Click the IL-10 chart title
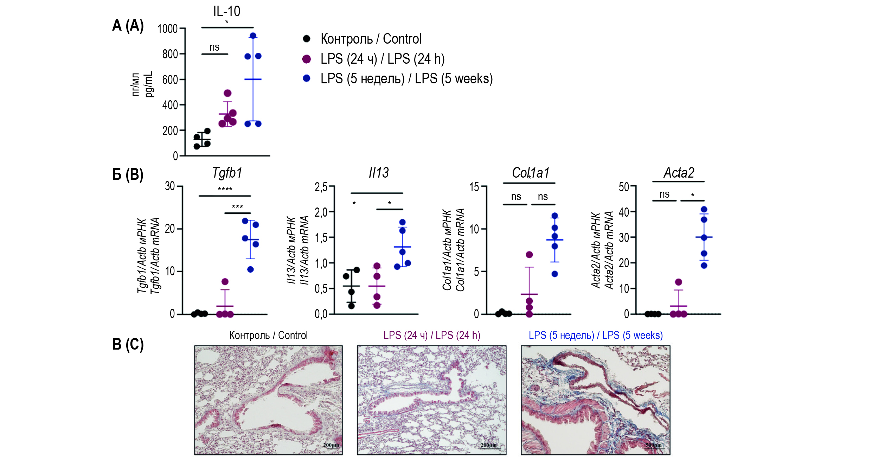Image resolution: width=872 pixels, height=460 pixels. click(x=226, y=11)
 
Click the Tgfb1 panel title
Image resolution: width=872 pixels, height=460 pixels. click(x=227, y=173)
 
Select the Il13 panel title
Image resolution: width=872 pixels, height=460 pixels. click(x=379, y=173)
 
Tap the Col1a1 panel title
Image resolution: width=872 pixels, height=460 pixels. click(x=530, y=173)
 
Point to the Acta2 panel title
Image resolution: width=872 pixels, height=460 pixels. click(x=679, y=173)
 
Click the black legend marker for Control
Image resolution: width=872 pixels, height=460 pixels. click(x=307, y=39)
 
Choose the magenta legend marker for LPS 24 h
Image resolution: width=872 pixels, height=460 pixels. click(x=307, y=59)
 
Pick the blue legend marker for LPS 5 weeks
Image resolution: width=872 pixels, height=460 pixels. click(x=307, y=78)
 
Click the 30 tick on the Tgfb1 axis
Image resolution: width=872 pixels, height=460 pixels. click(x=170, y=186)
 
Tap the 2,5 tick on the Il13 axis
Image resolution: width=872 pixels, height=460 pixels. click(x=321, y=187)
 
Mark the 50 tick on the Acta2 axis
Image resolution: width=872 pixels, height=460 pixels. click(x=624, y=187)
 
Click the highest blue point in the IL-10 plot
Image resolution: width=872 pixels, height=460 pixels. click(x=253, y=36)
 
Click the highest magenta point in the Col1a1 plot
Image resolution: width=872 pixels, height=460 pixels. click(x=529, y=255)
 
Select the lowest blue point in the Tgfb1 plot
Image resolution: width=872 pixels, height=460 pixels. click(x=250, y=269)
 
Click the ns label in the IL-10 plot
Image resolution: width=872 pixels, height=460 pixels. click(x=214, y=47)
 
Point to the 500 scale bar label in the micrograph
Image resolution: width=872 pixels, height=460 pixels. click(x=653, y=445)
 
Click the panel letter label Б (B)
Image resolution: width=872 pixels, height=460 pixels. click(x=128, y=174)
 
